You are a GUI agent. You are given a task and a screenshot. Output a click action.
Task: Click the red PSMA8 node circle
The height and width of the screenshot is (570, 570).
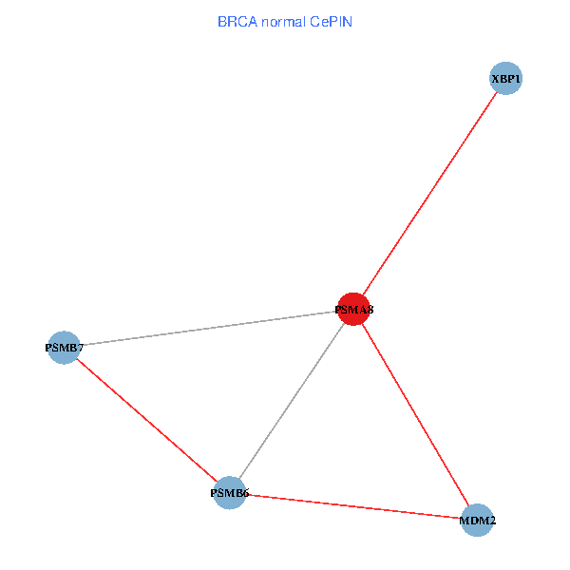[x=353, y=309]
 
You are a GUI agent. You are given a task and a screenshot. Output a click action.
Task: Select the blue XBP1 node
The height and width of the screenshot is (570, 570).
[x=506, y=79]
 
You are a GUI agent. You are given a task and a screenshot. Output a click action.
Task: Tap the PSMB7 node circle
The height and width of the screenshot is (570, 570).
[x=63, y=348]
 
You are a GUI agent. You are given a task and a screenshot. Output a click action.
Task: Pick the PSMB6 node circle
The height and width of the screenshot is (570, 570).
[x=229, y=493]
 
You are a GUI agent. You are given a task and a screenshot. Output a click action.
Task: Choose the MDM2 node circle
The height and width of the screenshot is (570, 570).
[x=477, y=521]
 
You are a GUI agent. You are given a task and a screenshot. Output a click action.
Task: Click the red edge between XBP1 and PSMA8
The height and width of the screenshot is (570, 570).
[x=429, y=194]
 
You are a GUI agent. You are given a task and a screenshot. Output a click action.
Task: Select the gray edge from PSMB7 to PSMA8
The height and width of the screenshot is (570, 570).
[x=208, y=328]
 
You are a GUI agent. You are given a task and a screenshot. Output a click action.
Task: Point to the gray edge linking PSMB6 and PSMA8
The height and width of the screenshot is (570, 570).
[x=291, y=401]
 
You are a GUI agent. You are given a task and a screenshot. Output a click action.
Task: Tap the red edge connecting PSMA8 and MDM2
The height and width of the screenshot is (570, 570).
[x=415, y=414]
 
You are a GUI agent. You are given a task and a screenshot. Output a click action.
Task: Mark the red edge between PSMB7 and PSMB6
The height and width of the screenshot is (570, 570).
[x=145, y=420]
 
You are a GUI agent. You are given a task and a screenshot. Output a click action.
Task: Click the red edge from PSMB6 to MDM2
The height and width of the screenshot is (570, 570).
[x=352, y=506]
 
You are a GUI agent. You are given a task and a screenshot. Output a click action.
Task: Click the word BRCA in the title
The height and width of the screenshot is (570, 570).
[x=236, y=21]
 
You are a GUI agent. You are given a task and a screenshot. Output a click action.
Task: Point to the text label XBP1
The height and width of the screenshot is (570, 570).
[x=506, y=79]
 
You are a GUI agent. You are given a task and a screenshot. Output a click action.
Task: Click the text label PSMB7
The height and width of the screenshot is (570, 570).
[x=64, y=348]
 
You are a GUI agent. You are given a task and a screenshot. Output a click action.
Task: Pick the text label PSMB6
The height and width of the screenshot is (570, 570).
[x=229, y=494]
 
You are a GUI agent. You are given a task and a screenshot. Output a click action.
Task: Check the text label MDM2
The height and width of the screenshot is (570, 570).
[x=477, y=522]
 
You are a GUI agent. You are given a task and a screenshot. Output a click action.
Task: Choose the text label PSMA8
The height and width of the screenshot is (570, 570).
[x=353, y=310]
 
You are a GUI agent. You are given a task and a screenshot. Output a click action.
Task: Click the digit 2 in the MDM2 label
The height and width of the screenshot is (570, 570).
[x=491, y=522]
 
